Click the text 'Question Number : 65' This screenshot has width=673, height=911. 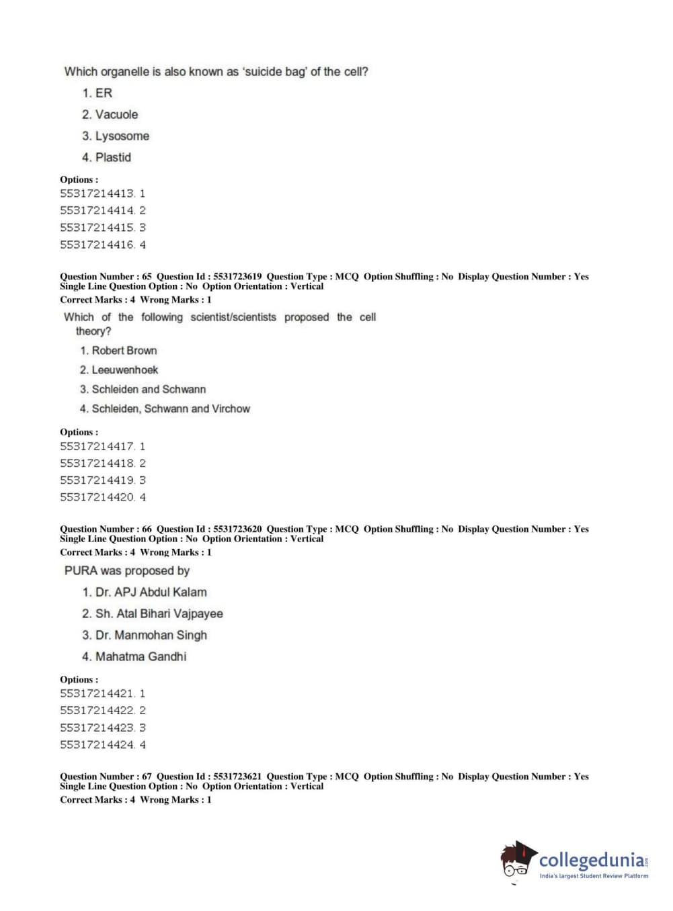tap(106, 276)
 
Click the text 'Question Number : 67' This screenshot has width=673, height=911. tap(106, 776)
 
